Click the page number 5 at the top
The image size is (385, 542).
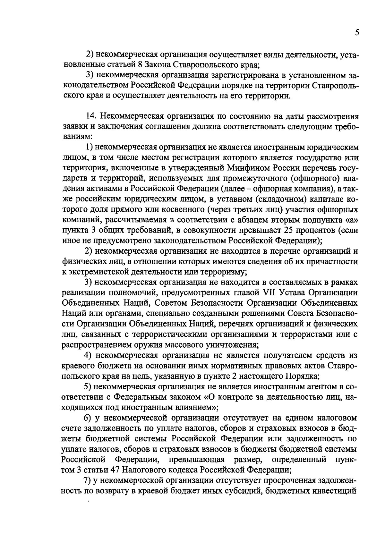pos(357,33)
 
